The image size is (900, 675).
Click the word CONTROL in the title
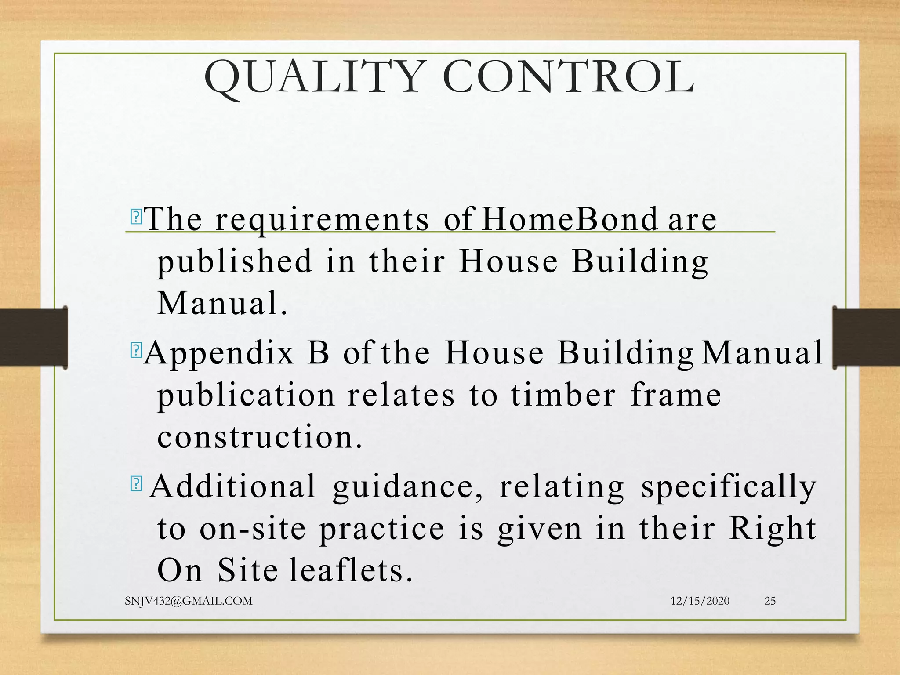coord(569,77)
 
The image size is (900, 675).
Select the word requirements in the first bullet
coord(322,220)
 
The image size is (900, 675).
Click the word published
coord(235,262)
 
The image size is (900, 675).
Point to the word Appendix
coord(219,353)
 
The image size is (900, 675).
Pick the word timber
coord(563,395)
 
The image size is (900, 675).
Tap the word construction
coord(260,437)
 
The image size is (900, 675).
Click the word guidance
coord(407,487)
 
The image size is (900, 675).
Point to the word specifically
coord(728,487)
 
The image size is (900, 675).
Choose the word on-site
coord(253,528)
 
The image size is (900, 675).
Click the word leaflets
coord(351,570)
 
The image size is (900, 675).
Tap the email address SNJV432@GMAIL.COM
coord(189,601)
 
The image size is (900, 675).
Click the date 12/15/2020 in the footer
coord(700,601)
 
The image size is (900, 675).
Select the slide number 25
coord(770,601)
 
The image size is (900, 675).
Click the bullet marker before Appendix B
coord(136,350)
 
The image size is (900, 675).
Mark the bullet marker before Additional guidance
coord(136,484)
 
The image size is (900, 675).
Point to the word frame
coord(675,395)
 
